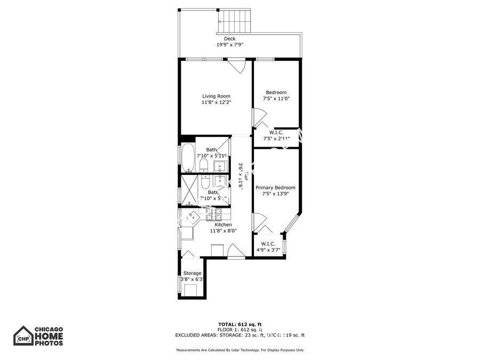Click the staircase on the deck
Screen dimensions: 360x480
point(234,21)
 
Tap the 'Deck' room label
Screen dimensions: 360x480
point(229,38)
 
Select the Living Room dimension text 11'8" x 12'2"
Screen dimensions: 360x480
point(216,102)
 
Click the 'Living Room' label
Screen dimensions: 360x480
point(216,96)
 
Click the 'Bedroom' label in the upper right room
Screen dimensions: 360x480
point(276,92)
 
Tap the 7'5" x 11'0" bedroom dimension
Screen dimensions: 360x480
point(276,99)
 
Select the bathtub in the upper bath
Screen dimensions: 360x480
point(188,157)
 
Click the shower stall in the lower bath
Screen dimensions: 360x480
point(188,190)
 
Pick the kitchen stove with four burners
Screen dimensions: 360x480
point(213,215)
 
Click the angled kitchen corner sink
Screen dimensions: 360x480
point(191,217)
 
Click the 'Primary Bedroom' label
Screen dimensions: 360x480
point(275,188)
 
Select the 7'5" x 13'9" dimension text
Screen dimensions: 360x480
point(275,194)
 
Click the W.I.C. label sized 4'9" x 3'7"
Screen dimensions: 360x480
point(268,246)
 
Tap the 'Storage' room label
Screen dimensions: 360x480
point(193,273)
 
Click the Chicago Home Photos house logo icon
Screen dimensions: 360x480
point(23,336)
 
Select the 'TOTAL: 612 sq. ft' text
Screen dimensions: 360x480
point(240,324)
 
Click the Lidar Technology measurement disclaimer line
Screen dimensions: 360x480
point(240,350)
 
